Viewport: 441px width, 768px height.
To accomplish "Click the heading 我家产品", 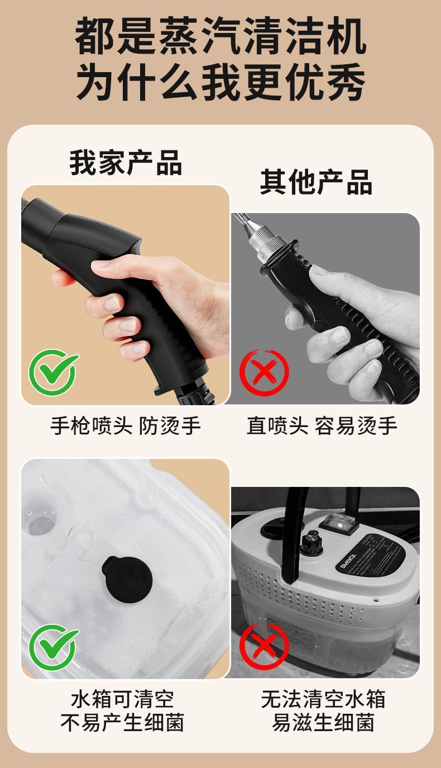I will (126, 163).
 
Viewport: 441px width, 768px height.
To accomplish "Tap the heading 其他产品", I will (316, 182).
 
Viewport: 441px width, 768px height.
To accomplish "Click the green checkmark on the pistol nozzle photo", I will (54, 372).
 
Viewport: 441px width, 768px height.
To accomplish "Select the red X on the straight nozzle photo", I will (263, 372).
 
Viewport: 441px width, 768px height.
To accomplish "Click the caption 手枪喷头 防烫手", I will (126, 426).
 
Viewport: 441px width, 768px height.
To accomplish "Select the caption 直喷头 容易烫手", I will (322, 426).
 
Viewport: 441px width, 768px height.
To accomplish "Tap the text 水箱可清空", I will (123, 699).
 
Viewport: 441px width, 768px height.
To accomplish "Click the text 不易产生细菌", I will (123, 723).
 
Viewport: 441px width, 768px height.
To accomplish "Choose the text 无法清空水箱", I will (323, 699).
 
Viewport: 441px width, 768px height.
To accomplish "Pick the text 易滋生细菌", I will (323, 723).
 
